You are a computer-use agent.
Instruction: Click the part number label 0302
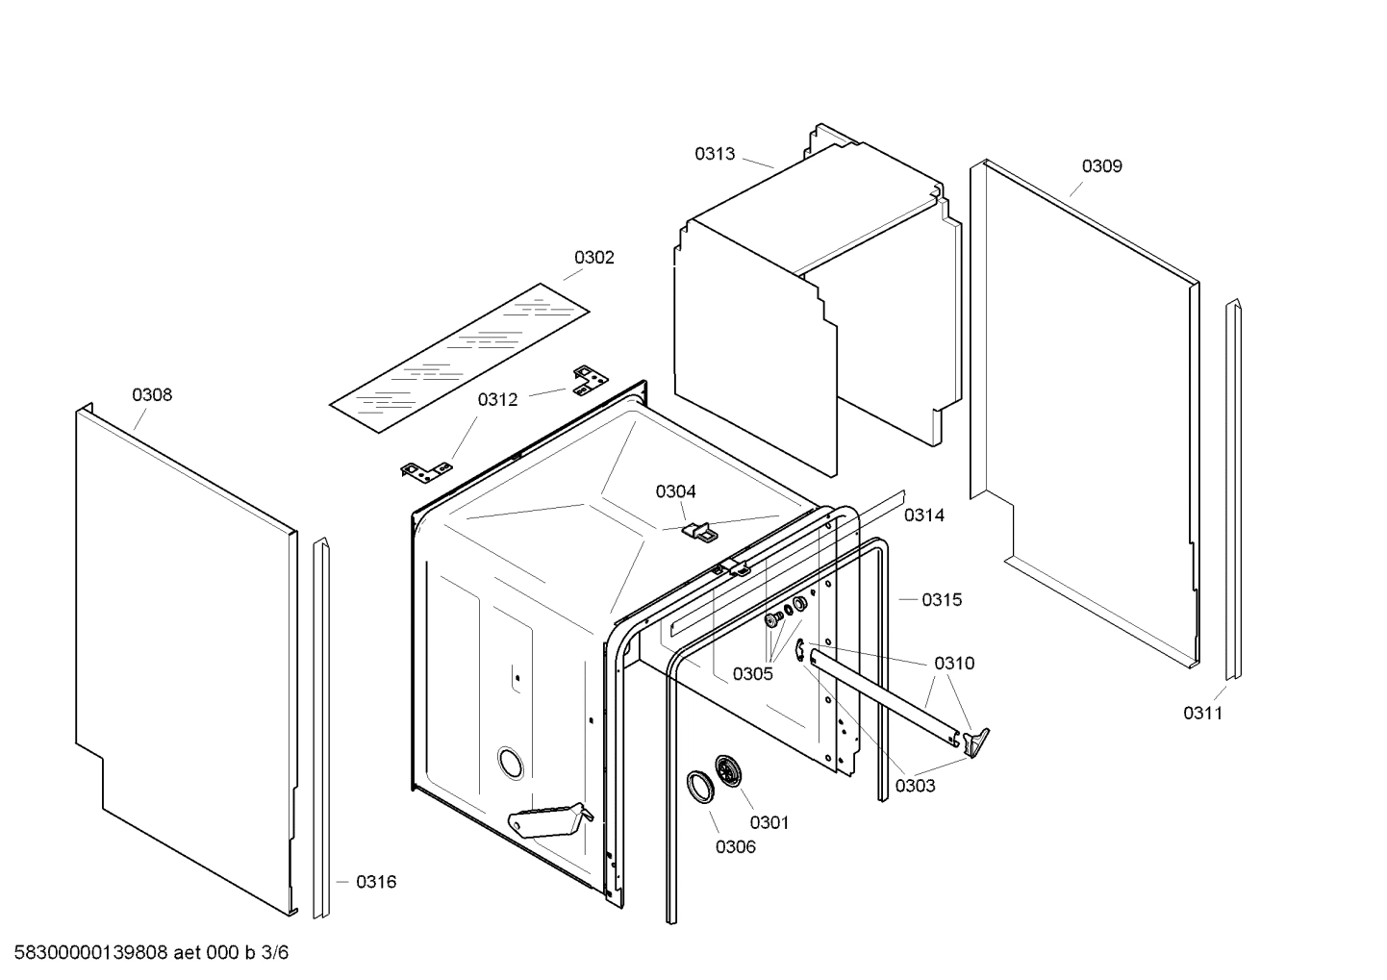593,258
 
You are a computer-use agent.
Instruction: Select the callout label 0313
715,154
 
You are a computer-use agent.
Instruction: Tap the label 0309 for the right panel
1101,166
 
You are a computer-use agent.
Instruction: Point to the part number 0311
1202,713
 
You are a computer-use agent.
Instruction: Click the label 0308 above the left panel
152,395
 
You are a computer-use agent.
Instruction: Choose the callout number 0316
375,882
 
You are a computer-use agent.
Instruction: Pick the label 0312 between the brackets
497,400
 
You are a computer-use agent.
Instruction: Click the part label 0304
675,492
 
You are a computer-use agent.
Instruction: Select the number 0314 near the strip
923,515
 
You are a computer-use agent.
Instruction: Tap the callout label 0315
941,600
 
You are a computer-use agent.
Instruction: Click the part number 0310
953,664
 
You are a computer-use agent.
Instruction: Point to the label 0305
752,674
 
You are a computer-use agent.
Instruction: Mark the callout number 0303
915,786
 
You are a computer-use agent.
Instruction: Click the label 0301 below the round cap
769,822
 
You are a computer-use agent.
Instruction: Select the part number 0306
735,847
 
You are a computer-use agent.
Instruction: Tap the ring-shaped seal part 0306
699,785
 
